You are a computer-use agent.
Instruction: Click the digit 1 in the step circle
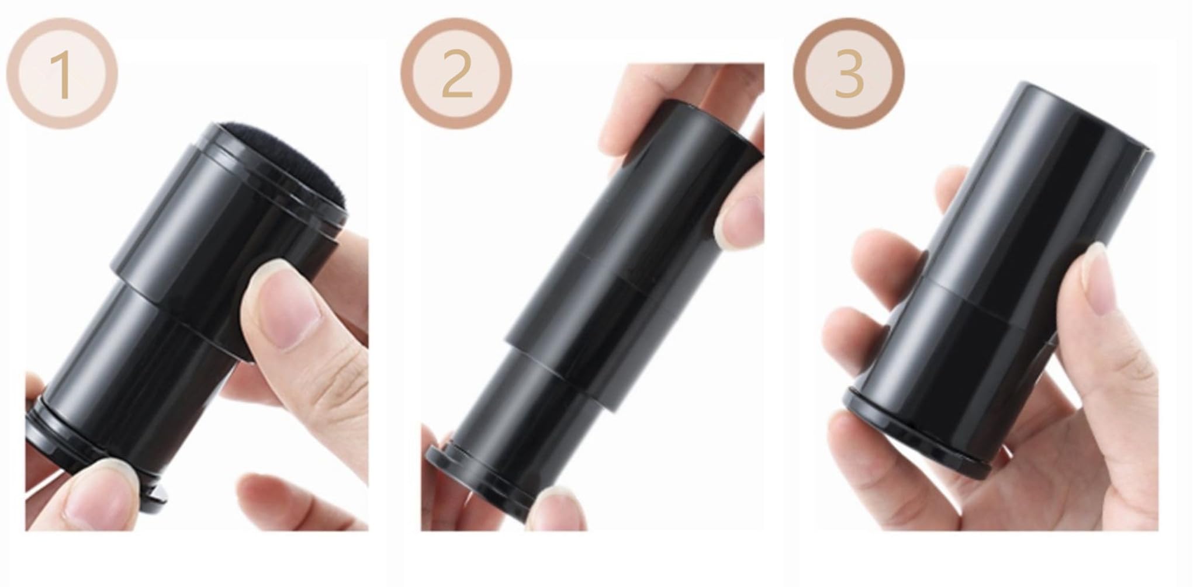click(63, 75)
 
